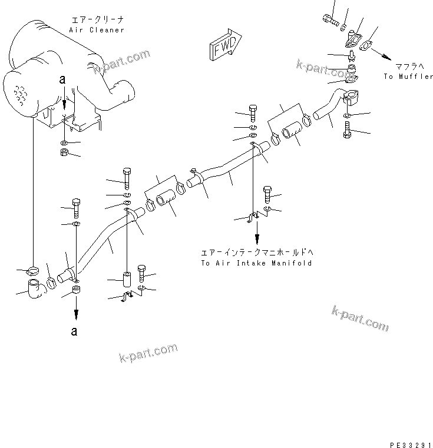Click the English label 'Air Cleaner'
coord(97,30)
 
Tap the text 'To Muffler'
coord(408,77)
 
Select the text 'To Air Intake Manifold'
coord(256,263)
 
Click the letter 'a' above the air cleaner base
coord(62,78)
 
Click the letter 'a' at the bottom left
coord(74,331)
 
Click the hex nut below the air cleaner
coord(64,154)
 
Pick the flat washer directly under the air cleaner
coord(64,143)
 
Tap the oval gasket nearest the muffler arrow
coord(371,45)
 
